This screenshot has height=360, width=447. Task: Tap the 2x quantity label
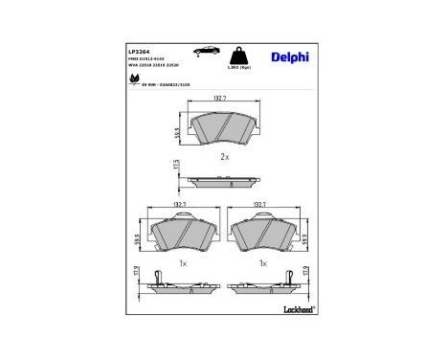222,155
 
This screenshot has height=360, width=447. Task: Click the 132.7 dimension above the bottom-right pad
257,204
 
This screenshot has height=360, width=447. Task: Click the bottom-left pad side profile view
178,284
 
